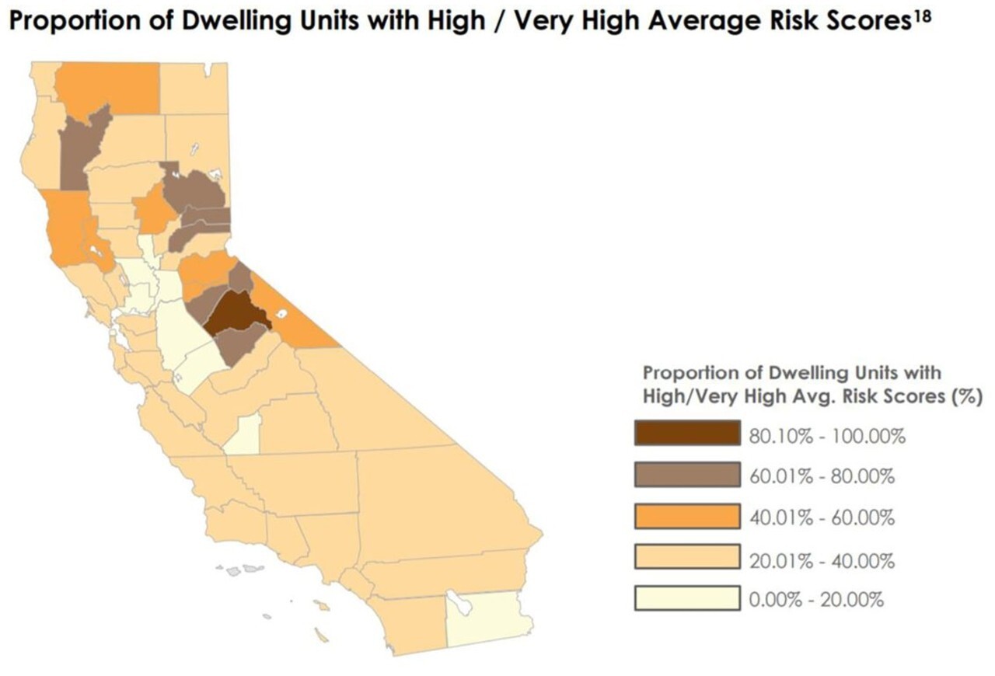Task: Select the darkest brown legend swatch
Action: click(x=686, y=434)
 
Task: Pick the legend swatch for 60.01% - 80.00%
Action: click(x=686, y=475)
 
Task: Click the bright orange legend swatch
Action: click(x=686, y=516)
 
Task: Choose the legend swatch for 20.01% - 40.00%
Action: click(x=686, y=558)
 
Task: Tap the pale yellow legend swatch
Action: click(x=686, y=599)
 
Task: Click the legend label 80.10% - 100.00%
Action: click(x=826, y=435)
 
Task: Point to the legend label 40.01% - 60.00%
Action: click(x=821, y=517)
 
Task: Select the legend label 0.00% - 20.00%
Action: click(x=815, y=600)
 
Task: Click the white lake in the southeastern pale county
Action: click(x=462, y=604)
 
